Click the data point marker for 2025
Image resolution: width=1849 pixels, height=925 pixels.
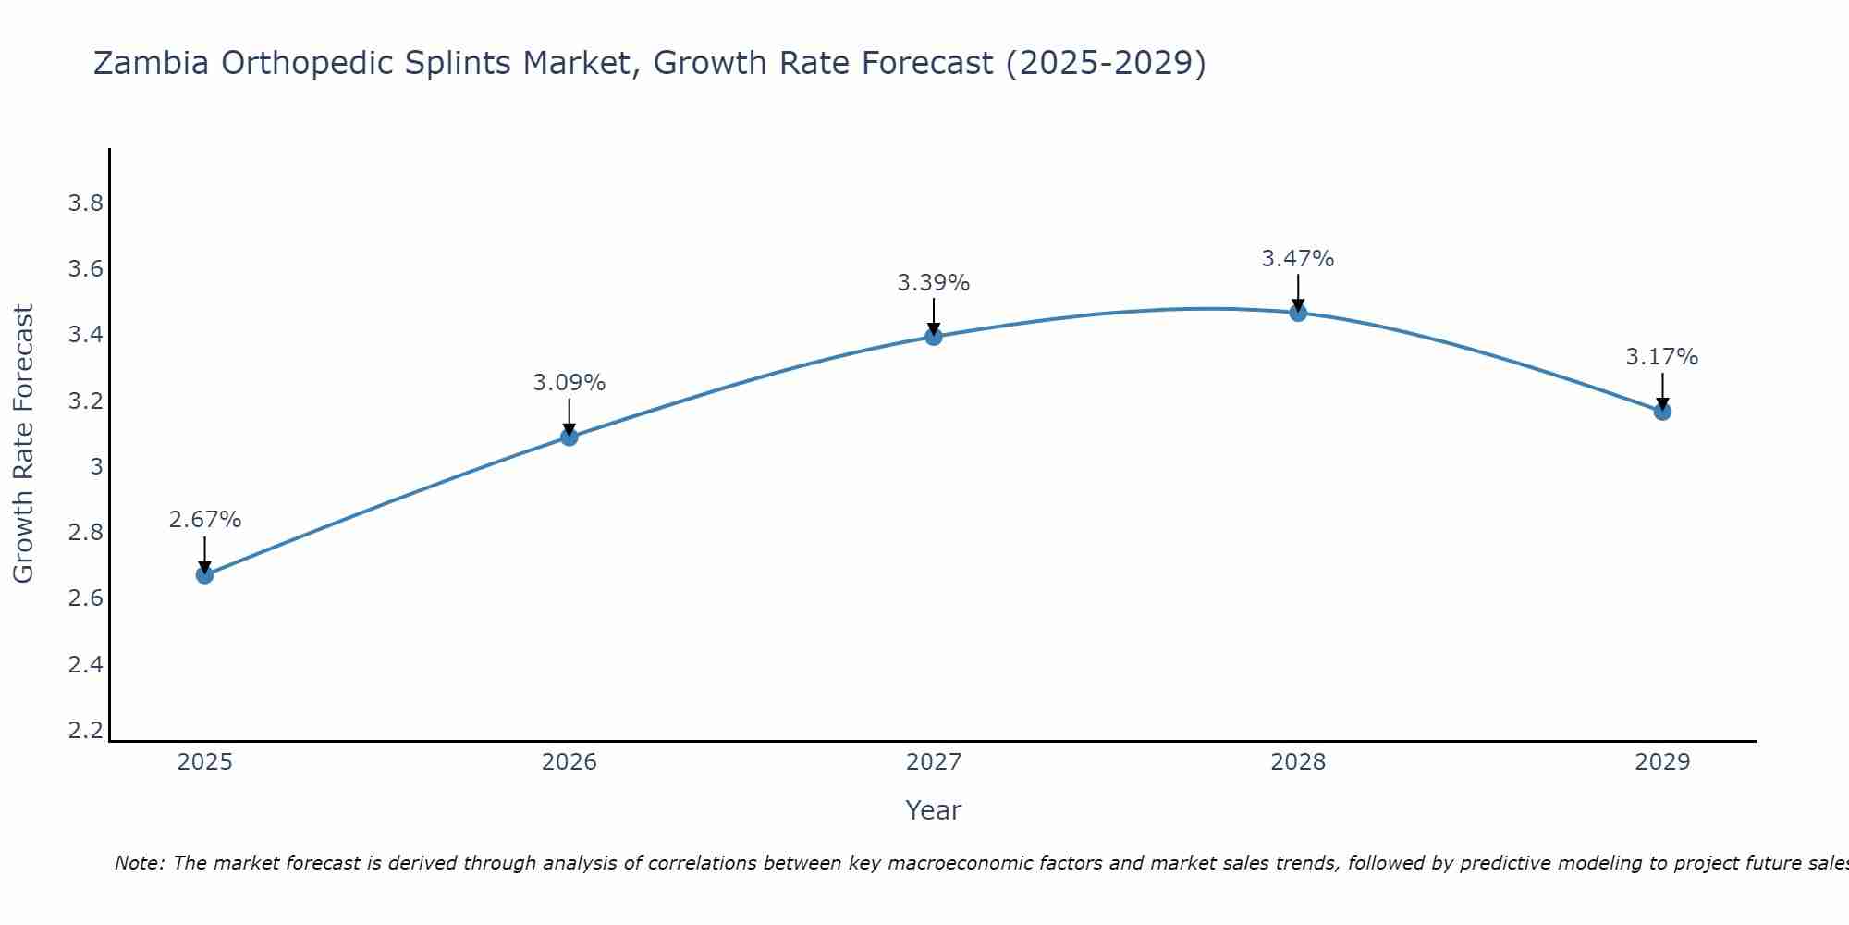pyautogui.click(x=204, y=575)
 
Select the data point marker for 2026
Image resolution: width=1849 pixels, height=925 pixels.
pyautogui.click(x=569, y=437)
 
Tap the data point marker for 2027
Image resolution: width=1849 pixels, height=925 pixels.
pyautogui.click(x=934, y=337)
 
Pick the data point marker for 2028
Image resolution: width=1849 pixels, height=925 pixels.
pyautogui.click(x=1298, y=313)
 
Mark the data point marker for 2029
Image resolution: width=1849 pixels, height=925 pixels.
pyautogui.click(x=1662, y=412)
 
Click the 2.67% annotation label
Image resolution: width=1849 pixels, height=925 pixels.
pyautogui.click(x=204, y=520)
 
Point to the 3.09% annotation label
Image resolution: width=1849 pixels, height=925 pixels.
pyautogui.click(x=569, y=382)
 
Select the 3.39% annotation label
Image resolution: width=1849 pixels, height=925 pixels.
pyautogui.click(x=934, y=283)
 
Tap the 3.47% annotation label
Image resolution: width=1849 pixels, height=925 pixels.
pyautogui.click(x=1298, y=259)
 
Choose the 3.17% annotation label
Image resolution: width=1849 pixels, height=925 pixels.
pyautogui.click(x=1662, y=357)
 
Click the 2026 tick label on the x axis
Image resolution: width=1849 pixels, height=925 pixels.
pyautogui.click(x=569, y=762)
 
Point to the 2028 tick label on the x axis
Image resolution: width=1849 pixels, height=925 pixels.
pyautogui.click(x=1298, y=762)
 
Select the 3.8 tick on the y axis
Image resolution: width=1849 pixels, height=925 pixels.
pyautogui.click(x=85, y=203)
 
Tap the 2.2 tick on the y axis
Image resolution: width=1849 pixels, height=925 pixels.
pyautogui.click(x=85, y=731)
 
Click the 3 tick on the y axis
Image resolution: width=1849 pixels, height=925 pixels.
pyautogui.click(x=96, y=467)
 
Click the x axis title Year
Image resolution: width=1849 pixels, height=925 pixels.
pyautogui.click(x=934, y=810)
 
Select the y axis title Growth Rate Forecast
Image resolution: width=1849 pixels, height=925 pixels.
pyautogui.click(x=23, y=444)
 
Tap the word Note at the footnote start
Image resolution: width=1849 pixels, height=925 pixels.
pyautogui.click(x=139, y=863)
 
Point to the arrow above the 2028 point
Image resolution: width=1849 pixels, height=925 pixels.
pyautogui.click(x=1298, y=293)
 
